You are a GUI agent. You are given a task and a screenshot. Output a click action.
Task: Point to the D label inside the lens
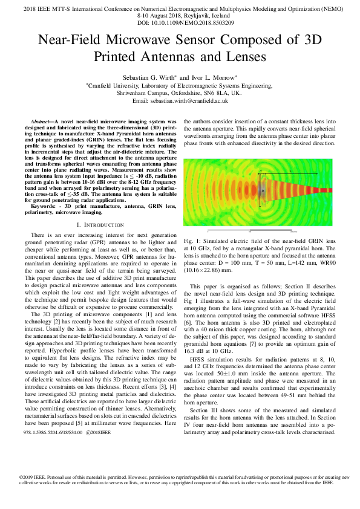[x=263, y=191]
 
